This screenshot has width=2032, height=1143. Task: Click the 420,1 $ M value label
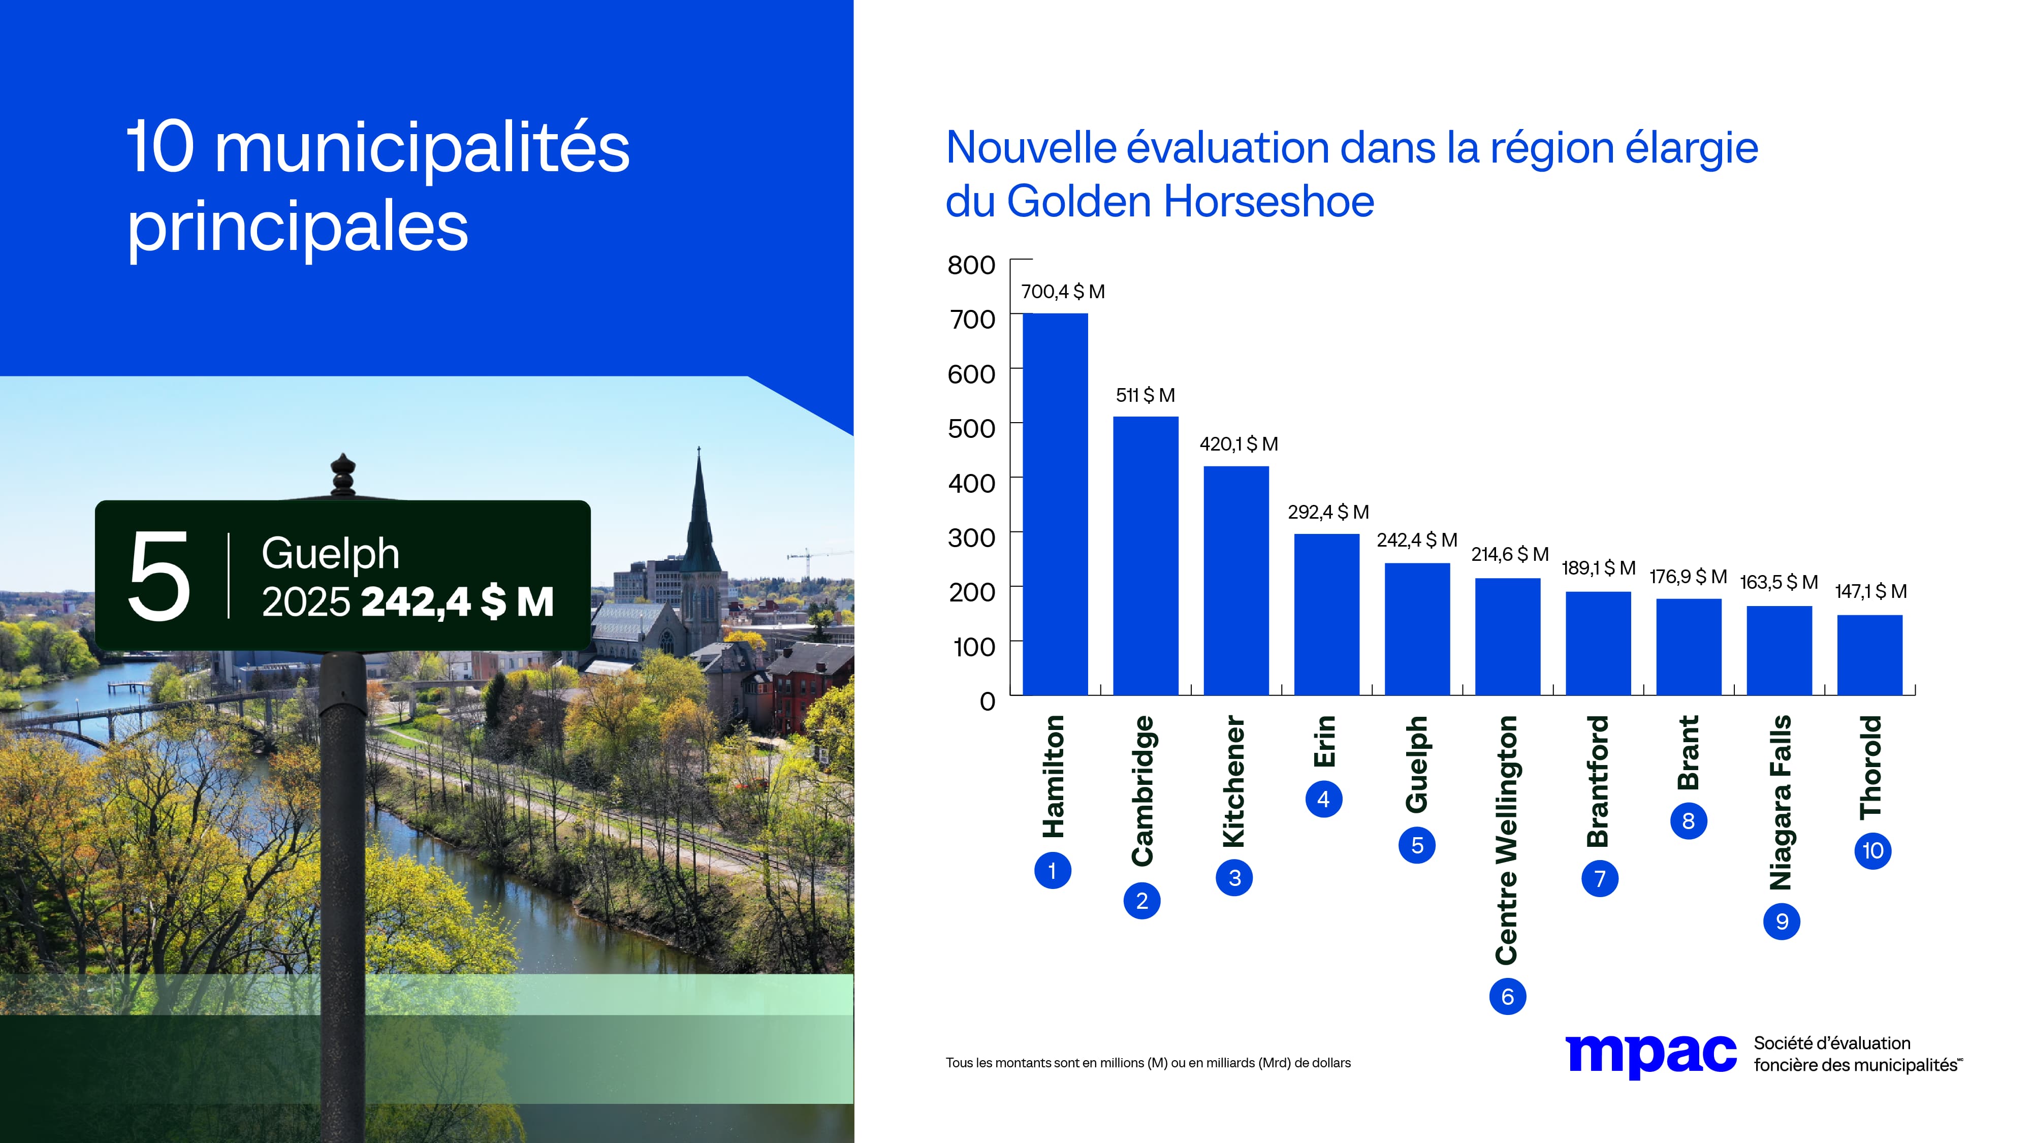pyautogui.click(x=1239, y=444)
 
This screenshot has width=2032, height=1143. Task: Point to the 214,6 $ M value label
pyautogui.click(x=1509, y=555)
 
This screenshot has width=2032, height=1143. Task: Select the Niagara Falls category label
pyautogui.click(x=1781, y=802)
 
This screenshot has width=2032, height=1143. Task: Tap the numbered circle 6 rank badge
pyautogui.click(x=1507, y=996)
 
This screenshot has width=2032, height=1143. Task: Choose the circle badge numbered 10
pyautogui.click(x=1872, y=850)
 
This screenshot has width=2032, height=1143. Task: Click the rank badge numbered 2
pyautogui.click(x=1141, y=901)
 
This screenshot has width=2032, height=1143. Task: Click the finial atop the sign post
pyautogui.click(x=342, y=473)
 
